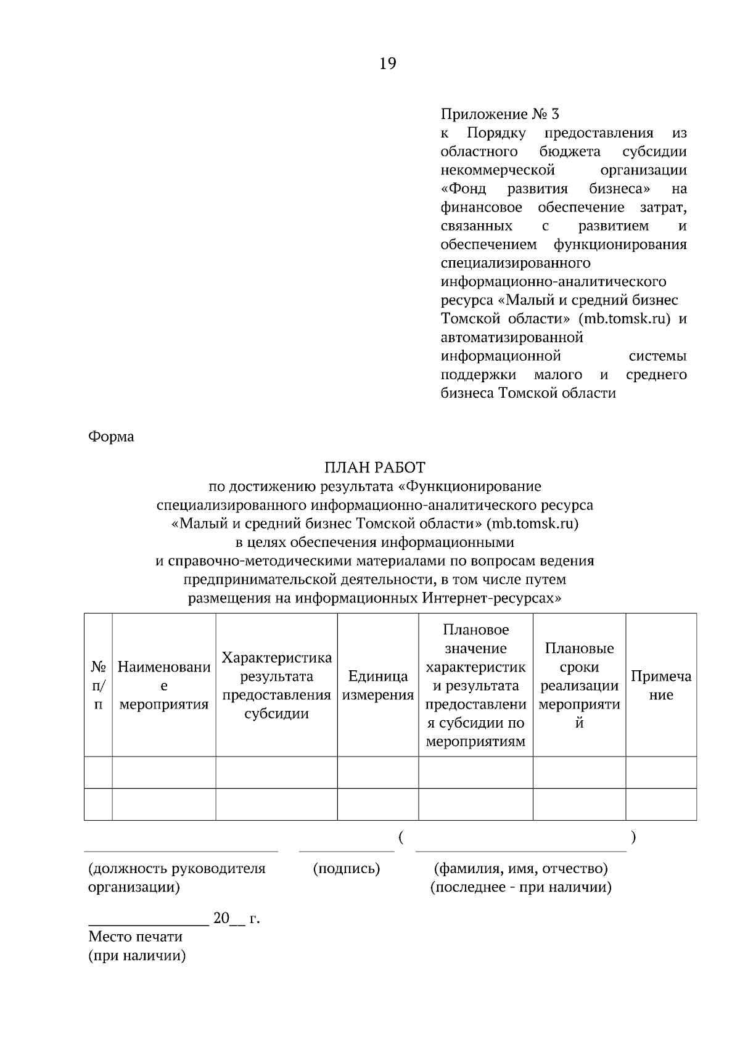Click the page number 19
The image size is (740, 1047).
(387, 64)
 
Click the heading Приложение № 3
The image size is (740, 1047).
(499, 114)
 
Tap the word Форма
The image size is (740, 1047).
(111, 437)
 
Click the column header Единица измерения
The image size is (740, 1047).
(377, 686)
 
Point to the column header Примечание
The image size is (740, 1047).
(660, 686)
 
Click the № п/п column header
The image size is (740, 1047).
(98, 686)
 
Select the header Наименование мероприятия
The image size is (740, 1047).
(163, 686)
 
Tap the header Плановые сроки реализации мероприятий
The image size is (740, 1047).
(579, 686)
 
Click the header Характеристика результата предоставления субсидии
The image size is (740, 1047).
(276, 686)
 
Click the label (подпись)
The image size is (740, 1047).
(347, 869)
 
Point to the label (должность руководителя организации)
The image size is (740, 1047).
(177, 877)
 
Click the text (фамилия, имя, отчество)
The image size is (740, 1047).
(520, 869)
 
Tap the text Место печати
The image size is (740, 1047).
(135, 937)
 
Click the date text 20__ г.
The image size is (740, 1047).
(236, 918)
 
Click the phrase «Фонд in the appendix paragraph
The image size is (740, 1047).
(463, 188)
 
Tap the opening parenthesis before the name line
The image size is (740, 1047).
(401, 837)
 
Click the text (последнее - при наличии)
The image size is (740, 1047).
(520, 887)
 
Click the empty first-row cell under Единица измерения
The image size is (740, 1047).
(377, 772)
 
